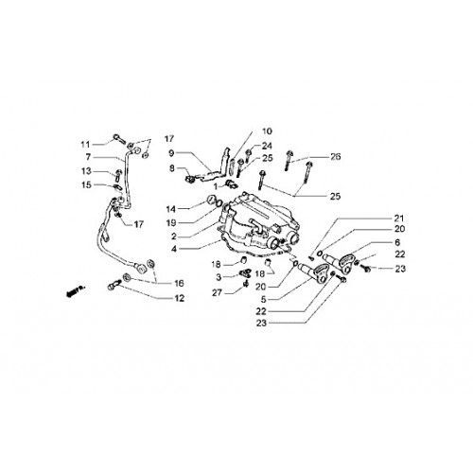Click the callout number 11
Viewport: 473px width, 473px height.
coord(85,145)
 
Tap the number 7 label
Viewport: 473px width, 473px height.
coord(88,157)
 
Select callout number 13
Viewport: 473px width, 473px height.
coord(86,171)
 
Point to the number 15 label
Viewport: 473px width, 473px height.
coord(86,184)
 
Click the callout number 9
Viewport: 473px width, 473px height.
coord(171,153)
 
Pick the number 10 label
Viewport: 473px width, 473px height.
coord(267,131)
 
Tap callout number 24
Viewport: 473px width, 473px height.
coord(267,146)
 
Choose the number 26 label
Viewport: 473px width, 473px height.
coord(336,157)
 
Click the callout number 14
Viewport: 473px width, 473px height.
coord(171,209)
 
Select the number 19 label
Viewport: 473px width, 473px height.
coord(171,223)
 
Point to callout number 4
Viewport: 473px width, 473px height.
coord(174,249)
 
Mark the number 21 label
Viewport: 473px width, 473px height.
coord(399,219)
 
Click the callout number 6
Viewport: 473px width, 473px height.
coord(397,242)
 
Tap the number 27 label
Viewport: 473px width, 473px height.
coord(217,293)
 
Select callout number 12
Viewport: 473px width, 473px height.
coord(180,298)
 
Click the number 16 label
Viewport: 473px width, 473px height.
coord(179,284)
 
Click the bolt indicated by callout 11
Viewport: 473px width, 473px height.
coord(119,138)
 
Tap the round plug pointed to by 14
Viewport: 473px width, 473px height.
coord(211,200)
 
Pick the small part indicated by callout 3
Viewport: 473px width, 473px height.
coord(245,273)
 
